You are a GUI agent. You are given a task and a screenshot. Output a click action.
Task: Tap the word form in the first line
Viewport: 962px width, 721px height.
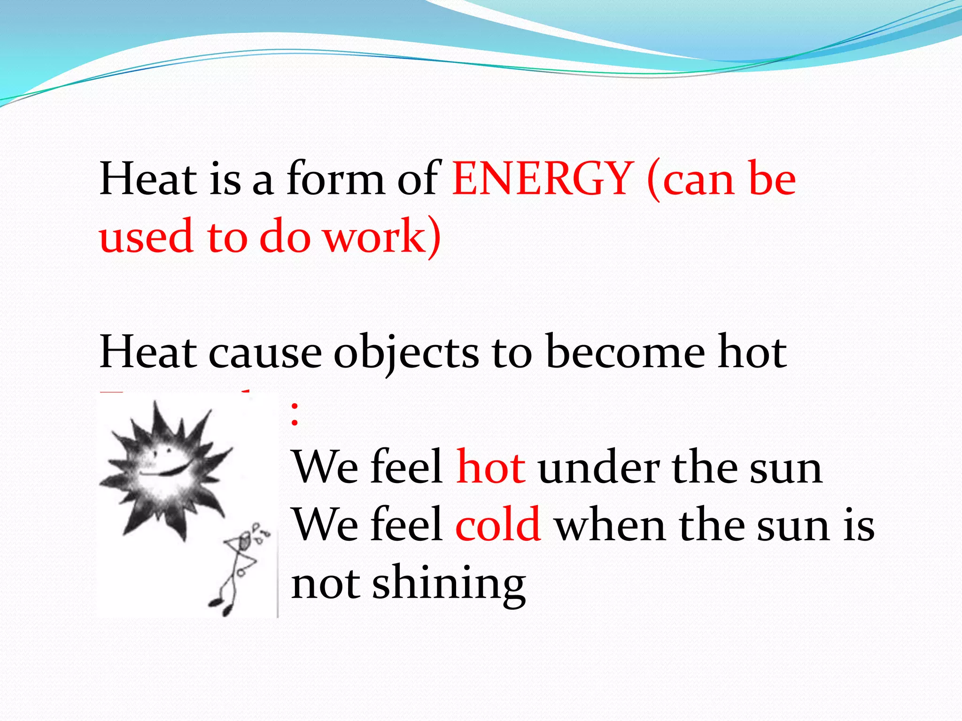coord(335,179)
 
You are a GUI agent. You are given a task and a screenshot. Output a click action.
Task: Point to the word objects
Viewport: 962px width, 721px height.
coord(406,353)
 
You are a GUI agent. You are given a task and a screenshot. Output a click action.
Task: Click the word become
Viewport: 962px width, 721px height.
coord(626,353)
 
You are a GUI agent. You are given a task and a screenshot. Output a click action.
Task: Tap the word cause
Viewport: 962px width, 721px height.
coord(265,353)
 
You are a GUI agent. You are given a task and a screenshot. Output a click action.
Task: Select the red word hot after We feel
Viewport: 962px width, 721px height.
coord(491,468)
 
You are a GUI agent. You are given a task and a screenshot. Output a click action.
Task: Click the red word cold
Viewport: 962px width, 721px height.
coord(498,525)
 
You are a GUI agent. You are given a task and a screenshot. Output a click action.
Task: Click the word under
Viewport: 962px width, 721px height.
coord(599,468)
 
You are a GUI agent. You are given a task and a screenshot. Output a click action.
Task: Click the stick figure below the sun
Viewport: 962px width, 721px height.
coord(237,570)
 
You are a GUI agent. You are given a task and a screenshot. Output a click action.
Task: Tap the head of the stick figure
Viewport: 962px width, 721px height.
coord(245,541)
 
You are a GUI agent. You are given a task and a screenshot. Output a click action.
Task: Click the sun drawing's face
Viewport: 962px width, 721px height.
coord(162,462)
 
